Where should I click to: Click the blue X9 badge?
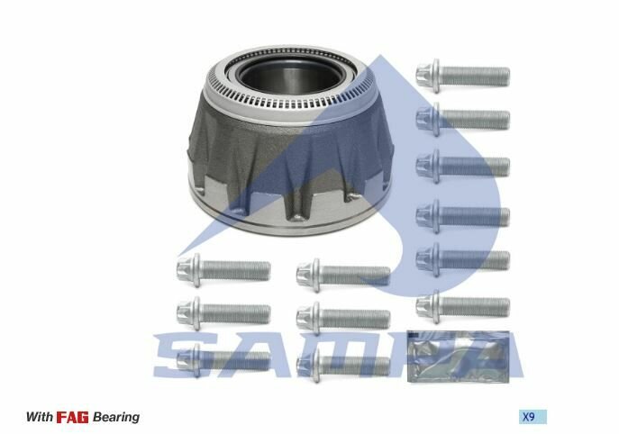[533, 417]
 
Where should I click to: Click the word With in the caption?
[39, 417]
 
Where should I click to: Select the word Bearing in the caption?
[117, 417]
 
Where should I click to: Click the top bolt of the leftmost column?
[223, 267]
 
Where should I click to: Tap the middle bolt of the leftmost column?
[223, 312]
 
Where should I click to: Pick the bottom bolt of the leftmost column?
[223, 360]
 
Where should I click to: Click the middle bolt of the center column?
[342, 317]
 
